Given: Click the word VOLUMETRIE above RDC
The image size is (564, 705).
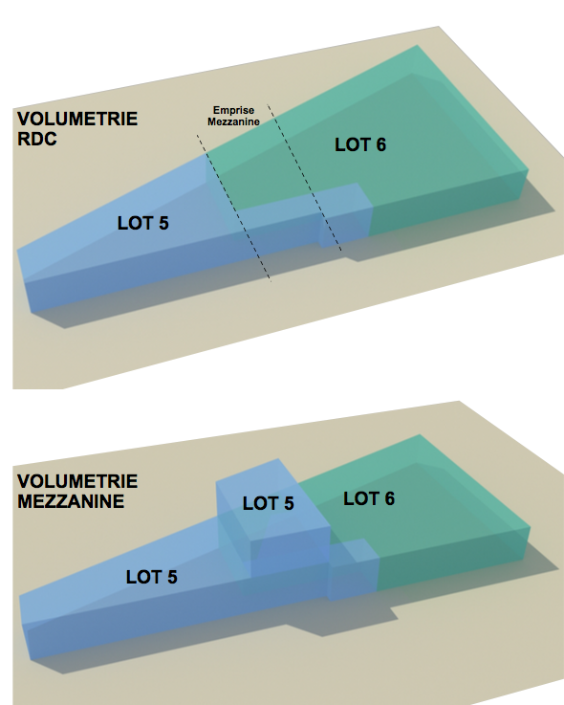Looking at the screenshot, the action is coord(77,120).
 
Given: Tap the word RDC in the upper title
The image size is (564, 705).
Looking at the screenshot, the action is coord(37,139).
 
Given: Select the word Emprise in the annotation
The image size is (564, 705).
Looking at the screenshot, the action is coord(233,110).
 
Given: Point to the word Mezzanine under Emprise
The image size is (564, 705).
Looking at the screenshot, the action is coord(233,121).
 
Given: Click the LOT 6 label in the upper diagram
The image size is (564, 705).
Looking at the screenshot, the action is coord(360,144).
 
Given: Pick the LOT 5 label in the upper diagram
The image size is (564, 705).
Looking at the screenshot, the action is coord(142,223).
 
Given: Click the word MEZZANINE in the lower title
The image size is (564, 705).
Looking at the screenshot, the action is coord(71,501).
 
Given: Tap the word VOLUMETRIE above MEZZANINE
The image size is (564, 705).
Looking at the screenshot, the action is coord(77,481).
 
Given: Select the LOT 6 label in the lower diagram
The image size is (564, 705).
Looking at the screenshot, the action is coord(369,498).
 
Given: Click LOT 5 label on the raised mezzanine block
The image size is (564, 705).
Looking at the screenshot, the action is coord(269,503).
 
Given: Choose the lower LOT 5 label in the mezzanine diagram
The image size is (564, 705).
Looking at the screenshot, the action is coord(151,577).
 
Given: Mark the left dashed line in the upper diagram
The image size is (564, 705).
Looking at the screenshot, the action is coord(233,209).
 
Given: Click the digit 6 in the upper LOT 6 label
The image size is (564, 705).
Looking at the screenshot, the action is coord(380,144).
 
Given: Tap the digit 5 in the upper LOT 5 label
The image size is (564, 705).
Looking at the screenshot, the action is coord(163,223).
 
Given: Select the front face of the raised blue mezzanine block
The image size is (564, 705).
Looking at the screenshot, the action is coord(290,552).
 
